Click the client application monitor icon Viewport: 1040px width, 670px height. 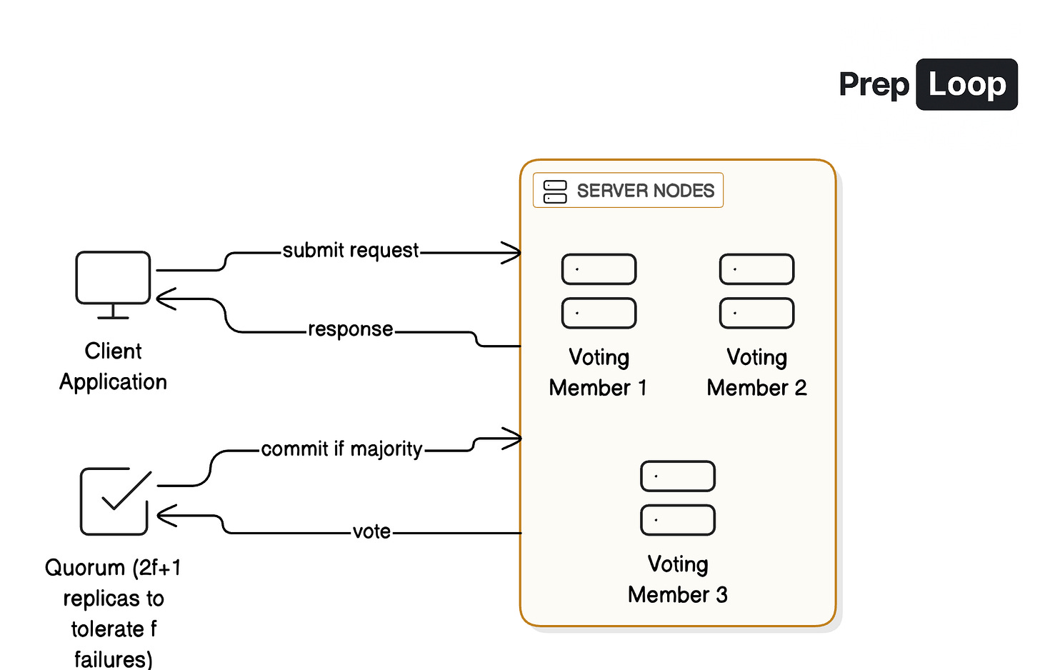(x=113, y=284)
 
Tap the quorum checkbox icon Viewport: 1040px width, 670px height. (x=115, y=501)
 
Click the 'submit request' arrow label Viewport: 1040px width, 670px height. (x=351, y=251)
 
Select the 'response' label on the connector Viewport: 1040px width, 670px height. (x=350, y=329)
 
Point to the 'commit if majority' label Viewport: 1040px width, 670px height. (x=341, y=449)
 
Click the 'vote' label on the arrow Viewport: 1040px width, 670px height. (x=371, y=531)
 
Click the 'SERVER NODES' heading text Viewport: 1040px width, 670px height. (x=645, y=191)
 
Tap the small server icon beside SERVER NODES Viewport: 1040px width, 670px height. (x=555, y=191)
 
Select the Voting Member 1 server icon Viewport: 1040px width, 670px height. (x=599, y=291)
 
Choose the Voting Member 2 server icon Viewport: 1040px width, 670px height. (x=756, y=291)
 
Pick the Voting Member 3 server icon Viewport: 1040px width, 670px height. (x=678, y=498)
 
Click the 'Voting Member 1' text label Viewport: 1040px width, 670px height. (x=599, y=372)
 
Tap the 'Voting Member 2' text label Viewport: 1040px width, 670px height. (x=756, y=372)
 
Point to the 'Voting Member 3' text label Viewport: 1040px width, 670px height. (x=678, y=579)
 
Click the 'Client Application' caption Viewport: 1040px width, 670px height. (x=113, y=366)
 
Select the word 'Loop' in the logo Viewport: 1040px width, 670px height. (x=966, y=84)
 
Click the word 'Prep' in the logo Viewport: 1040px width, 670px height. (x=874, y=84)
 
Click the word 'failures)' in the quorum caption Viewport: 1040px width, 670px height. (x=113, y=659)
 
